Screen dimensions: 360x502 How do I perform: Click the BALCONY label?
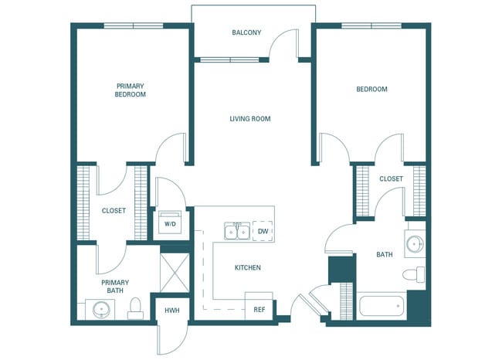pyautogui.click(x=246, y=32)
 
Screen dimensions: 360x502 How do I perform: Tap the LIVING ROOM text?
pyautogui.click(x=249, y=119)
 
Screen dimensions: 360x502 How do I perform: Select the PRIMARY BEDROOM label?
pyautogui.click(x=131, y=90)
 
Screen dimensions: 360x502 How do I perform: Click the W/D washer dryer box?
pyautogui.click(x=169, y=223)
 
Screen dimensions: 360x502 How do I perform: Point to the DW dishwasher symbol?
pyautogui.click(x=263, y=230)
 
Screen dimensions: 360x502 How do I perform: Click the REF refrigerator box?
pyautogui.click(x=259, y=309)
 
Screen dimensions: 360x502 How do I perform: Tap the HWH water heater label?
pyautogui.click(x=171, y=311)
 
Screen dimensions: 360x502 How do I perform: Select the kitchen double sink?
pyautogui.click(x=236, y=231)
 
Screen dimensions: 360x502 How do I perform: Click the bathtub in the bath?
pyautogui.click(x=382, y=306)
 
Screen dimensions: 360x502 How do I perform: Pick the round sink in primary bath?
pyautogui.click(x=100, y=311)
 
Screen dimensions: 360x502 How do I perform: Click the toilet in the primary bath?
pyautogui.click(x=136, y=309)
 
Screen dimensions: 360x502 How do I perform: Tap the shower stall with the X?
pyautogui.click(x=175, y=270)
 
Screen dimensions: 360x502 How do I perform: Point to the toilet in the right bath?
pyautogui.click(x=414, y=274)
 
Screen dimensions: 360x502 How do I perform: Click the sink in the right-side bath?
pyautogui.click(x=415, y=244)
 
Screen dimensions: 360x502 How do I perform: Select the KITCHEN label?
pyautogui.click(x=248, y=268)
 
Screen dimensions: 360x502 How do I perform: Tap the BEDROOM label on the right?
pyautogui.click(x=371, y=90)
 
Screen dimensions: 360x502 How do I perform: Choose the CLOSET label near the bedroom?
pyautogui.click(x=391, y=179)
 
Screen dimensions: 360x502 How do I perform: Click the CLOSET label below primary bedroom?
pyautogui.click(x=114, y=210)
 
